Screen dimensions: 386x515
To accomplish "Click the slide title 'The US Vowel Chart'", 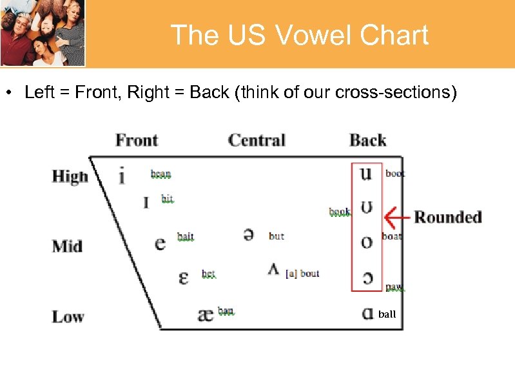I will pos(299,35).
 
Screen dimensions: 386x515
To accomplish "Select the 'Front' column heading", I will pos(137,140).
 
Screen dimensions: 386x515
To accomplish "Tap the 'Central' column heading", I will pos(257,140).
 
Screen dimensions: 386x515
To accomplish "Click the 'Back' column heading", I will pos(367,140).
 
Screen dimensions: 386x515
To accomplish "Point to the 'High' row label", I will pos(70,176).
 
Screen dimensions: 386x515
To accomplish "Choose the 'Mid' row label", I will pos(67,246).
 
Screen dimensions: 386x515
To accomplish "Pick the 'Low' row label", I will pos(68,316).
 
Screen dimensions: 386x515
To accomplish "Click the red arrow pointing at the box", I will pos(396,217).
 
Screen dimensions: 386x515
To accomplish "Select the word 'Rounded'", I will pos(448,217).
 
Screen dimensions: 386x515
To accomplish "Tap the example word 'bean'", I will pos(160,174).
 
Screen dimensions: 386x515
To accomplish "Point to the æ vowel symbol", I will pos(205,314).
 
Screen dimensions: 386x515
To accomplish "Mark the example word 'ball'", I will pos(387,314).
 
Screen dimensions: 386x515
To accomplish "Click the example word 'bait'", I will pos(185,237).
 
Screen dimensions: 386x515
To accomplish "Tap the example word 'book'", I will pos(340,212).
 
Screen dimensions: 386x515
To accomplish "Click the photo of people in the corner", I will pos(43,33).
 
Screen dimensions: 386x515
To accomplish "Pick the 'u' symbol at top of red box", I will pos(365,173).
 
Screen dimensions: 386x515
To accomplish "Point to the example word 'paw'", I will pos(394,287).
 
